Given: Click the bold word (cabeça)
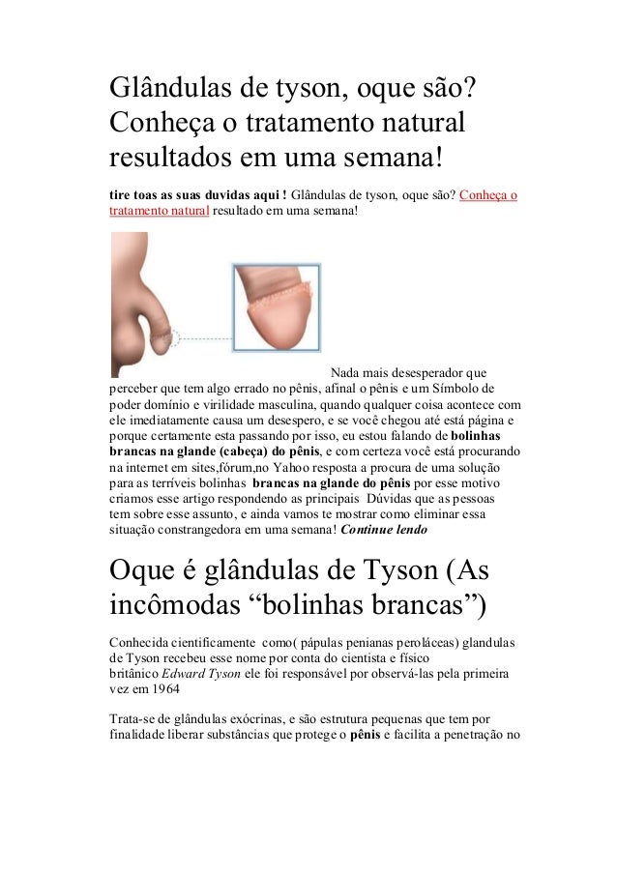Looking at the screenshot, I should click(x=241, y=452).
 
